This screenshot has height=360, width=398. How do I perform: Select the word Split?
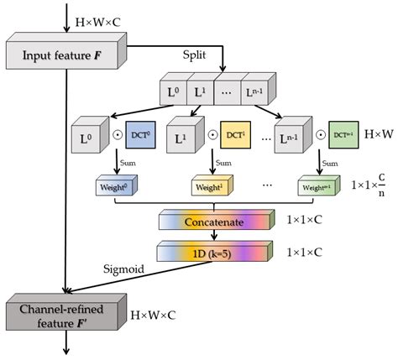[x=195, y=54]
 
